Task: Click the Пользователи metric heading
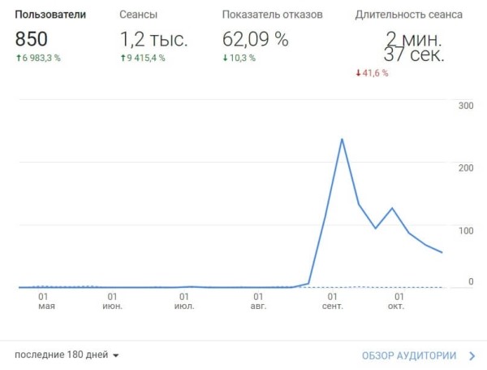point(50,15)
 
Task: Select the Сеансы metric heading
point(138,15)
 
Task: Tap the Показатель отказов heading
point(272,15)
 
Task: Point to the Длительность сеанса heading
point(409,15)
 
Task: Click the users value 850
point(32,38)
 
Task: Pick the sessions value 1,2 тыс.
point(154,38)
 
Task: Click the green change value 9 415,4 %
point(147,58)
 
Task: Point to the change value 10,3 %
point(243,58)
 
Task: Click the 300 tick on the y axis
point(465,106)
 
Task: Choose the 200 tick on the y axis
point(465,168)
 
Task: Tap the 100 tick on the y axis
point(465,231)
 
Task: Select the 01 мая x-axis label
point(46,301)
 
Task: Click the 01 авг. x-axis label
point(258,301)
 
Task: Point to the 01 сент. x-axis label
point(332,301)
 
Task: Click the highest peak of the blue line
point(342,139)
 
